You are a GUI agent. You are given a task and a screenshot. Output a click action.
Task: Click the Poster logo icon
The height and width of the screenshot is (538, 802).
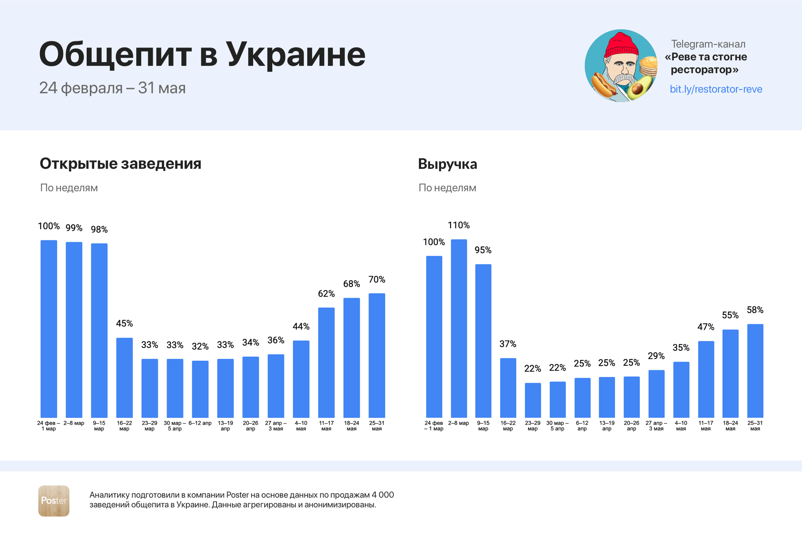(54, 501)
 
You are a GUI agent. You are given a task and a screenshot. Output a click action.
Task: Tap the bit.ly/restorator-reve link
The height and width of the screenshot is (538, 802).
(715, 89)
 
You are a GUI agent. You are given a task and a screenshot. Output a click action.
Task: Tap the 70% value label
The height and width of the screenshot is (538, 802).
(377, 280)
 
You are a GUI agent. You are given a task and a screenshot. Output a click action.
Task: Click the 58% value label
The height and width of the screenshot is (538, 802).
(755, 310)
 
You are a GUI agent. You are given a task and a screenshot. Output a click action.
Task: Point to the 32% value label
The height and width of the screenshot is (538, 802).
(200, 346)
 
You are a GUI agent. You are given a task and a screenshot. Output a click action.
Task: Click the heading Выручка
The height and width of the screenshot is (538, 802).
(447, 164)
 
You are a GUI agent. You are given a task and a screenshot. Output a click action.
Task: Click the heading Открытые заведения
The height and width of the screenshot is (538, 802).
(120, 163)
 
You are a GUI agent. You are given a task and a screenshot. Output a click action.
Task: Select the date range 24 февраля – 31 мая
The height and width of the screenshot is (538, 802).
(112, 88)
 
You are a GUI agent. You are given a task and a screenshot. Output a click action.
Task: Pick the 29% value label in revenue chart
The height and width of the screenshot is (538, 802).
(656, 356)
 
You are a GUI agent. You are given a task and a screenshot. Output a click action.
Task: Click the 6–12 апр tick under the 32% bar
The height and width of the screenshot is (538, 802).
(200, 423)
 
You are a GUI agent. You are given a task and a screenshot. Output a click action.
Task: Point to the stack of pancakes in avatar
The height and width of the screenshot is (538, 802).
(648, 66)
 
